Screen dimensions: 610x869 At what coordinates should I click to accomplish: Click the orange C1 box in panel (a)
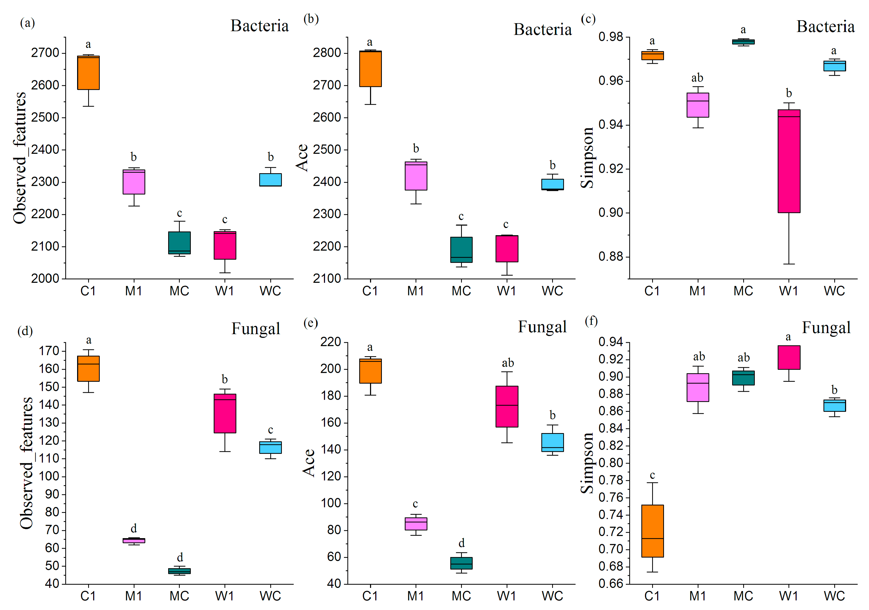[x=88, y=73]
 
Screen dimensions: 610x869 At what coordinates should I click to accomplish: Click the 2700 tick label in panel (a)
[x=45, y=53]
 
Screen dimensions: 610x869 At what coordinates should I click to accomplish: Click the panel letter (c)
[x=588, y=18]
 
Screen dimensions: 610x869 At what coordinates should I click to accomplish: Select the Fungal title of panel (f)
[x=826, y=328]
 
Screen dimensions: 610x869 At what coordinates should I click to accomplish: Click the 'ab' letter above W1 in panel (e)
[x=508, y=363]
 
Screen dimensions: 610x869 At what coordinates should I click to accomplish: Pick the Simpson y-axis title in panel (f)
[x=587, y=463]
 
